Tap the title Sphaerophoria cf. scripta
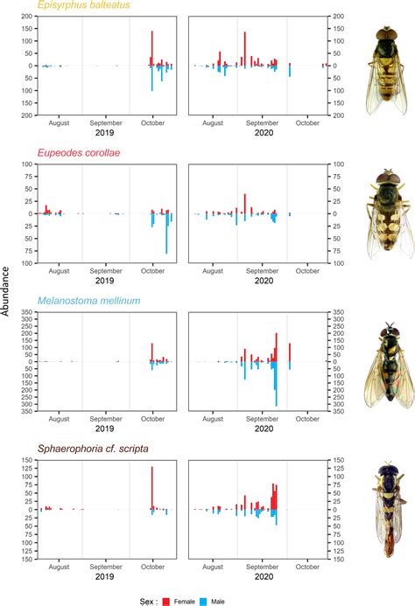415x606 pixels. pos(88,449)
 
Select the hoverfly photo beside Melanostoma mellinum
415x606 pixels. pos(383,364)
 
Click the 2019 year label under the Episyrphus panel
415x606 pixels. pos(105,134)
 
